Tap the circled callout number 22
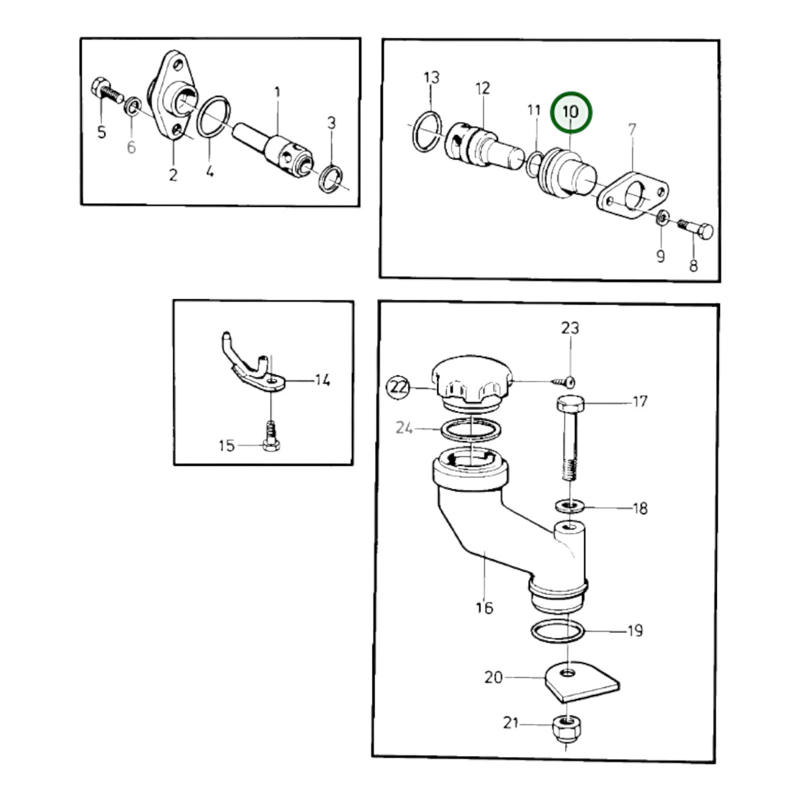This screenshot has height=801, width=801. click(398, 387)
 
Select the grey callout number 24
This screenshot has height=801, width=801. click(404, 427)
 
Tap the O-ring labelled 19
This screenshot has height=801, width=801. click(557, 632)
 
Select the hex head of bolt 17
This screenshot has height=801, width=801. click(570, 403)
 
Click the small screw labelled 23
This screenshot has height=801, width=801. click(563, 380)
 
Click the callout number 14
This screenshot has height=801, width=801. click(322, 380)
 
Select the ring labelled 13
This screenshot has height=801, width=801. click(427, 131)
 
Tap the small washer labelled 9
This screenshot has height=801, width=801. click(663, 218)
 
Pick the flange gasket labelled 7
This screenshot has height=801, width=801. click(633, 195)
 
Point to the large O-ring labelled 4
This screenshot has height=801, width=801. click(214, 116)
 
